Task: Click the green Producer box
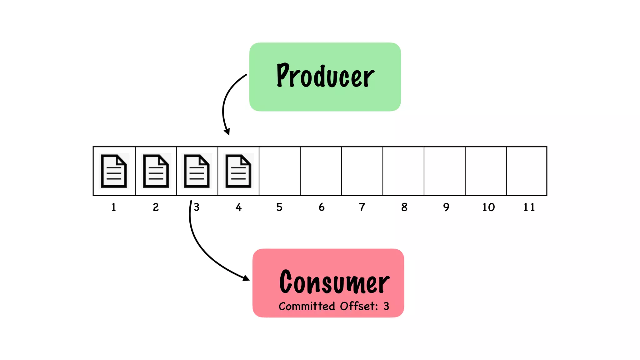[x=325, y=77]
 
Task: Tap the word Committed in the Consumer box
[x=307, y=306]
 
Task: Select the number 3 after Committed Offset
[x=387, y=306]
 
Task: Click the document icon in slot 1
[x=114, y=171]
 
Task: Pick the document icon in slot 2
[x=156, y=171]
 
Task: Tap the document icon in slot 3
[x=197, y=171]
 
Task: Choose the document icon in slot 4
[x=238, y=171]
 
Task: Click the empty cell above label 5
[x=280, y=171]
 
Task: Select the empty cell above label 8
[x=403, y=171]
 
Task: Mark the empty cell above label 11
[x=527, y=171]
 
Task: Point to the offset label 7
[x=362, y=207]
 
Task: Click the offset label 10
[x=488, y=207]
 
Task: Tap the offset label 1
[x=114, y=207]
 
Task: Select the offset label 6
[x=322, y=207]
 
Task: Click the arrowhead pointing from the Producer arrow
[x=227, y=132]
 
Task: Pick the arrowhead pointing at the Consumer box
[x=246, y=278]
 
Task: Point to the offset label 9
[x=446, y=207]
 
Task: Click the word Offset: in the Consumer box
[x=359, y=306]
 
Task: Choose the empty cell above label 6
[x=321, y=171]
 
